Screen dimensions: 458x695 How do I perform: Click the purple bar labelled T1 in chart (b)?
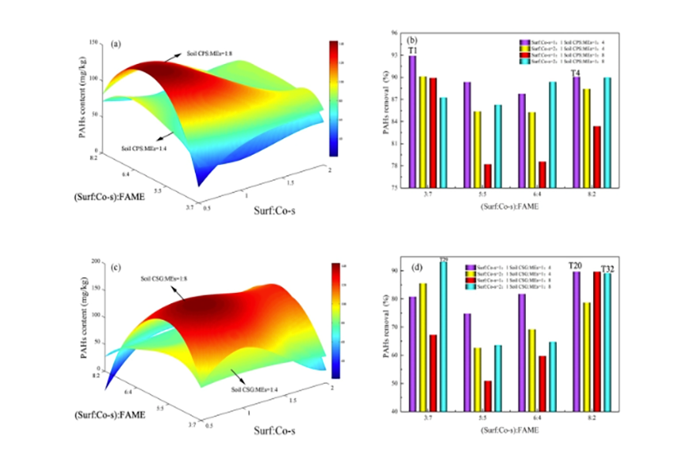412,122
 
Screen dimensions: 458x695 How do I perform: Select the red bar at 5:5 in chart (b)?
487,175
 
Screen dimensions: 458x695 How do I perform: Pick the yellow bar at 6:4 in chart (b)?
532,149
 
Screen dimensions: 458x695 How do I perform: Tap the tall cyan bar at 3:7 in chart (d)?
443,336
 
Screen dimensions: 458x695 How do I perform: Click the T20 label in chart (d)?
575,265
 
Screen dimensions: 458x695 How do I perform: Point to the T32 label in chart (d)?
607,269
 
